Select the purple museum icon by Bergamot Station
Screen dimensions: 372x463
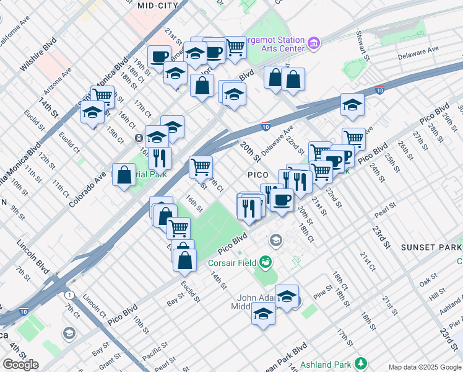pyautogui.click(x=314, y=43)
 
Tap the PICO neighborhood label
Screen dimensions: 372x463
pyautogui.click(x=257, y=175)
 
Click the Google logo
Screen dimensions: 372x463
pyautogui.click(x=20, y=364)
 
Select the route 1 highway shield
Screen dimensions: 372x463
pyautogui.click(x=70, y=294)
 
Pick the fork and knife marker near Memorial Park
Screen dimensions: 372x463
pyautogui.click(x=160, y=159)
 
